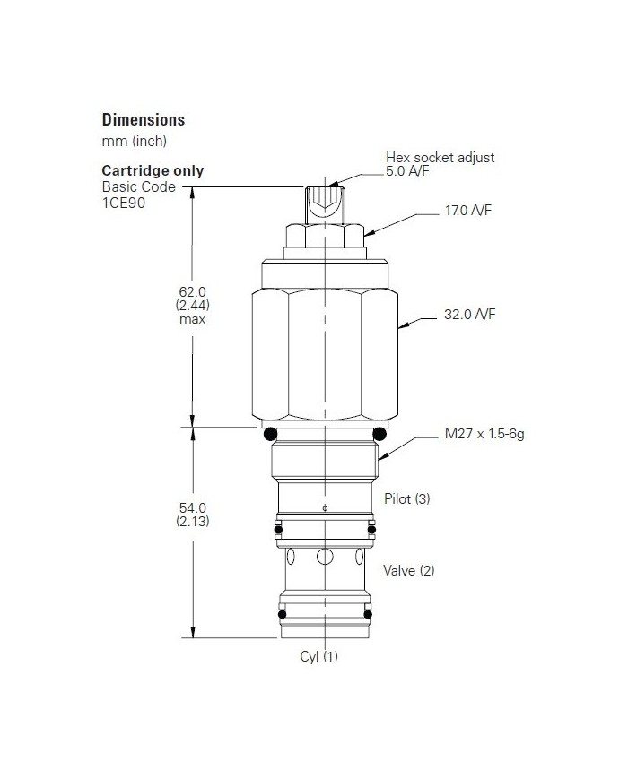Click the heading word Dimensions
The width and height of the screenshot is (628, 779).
coord(143,119)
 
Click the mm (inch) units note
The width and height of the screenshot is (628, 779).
coord(134,141)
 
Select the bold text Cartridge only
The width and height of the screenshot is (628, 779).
coord(153,170)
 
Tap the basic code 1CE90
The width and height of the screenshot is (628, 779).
coord(124,203)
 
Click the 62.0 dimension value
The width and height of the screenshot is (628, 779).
coord(192,291)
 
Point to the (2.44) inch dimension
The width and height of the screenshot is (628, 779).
coord(192,305)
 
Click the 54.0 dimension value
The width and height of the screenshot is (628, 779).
coord(193,508)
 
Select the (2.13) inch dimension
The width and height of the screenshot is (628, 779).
coord(193,522)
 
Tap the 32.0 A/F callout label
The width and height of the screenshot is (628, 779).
coord(469,315)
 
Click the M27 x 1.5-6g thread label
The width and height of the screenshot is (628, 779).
coord(484,435)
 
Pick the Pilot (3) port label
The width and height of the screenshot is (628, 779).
coord(406,498)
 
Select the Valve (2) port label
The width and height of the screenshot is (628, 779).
coord(408,570)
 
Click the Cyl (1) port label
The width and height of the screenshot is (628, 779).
coord(318,656)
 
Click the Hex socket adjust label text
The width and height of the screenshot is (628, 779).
coord(440,157)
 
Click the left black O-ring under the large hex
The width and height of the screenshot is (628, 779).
coord(270,434)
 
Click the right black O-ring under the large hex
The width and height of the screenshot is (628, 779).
coord(379,434)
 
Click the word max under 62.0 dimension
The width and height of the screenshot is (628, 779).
coord(192,319)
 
